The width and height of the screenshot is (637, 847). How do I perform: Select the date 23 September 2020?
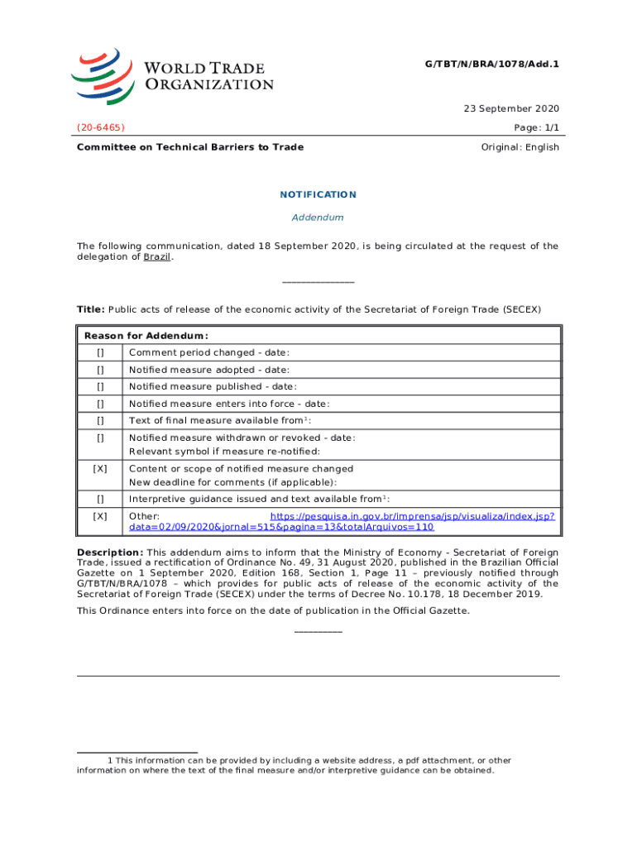tap(510, 108)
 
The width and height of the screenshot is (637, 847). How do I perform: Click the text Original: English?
tap(520, 147)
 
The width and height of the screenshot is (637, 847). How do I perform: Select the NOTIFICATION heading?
tap(318, 195)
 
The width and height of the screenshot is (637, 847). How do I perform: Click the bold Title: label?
tap(91, 309)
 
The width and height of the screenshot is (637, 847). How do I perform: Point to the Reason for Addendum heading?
tap(146, 336)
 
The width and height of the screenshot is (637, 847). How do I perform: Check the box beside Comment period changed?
tap(100, 353)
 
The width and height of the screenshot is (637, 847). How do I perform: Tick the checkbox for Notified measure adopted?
tap(100, 371)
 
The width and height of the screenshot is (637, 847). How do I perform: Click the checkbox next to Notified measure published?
tap(100, 387)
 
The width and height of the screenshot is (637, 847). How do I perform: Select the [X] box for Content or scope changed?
tap(100, 469)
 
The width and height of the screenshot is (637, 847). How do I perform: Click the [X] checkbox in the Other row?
tap(100, 516)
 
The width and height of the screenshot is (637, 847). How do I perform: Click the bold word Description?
tap(110, 553)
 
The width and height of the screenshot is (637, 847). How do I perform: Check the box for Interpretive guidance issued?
tap(100, 499)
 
